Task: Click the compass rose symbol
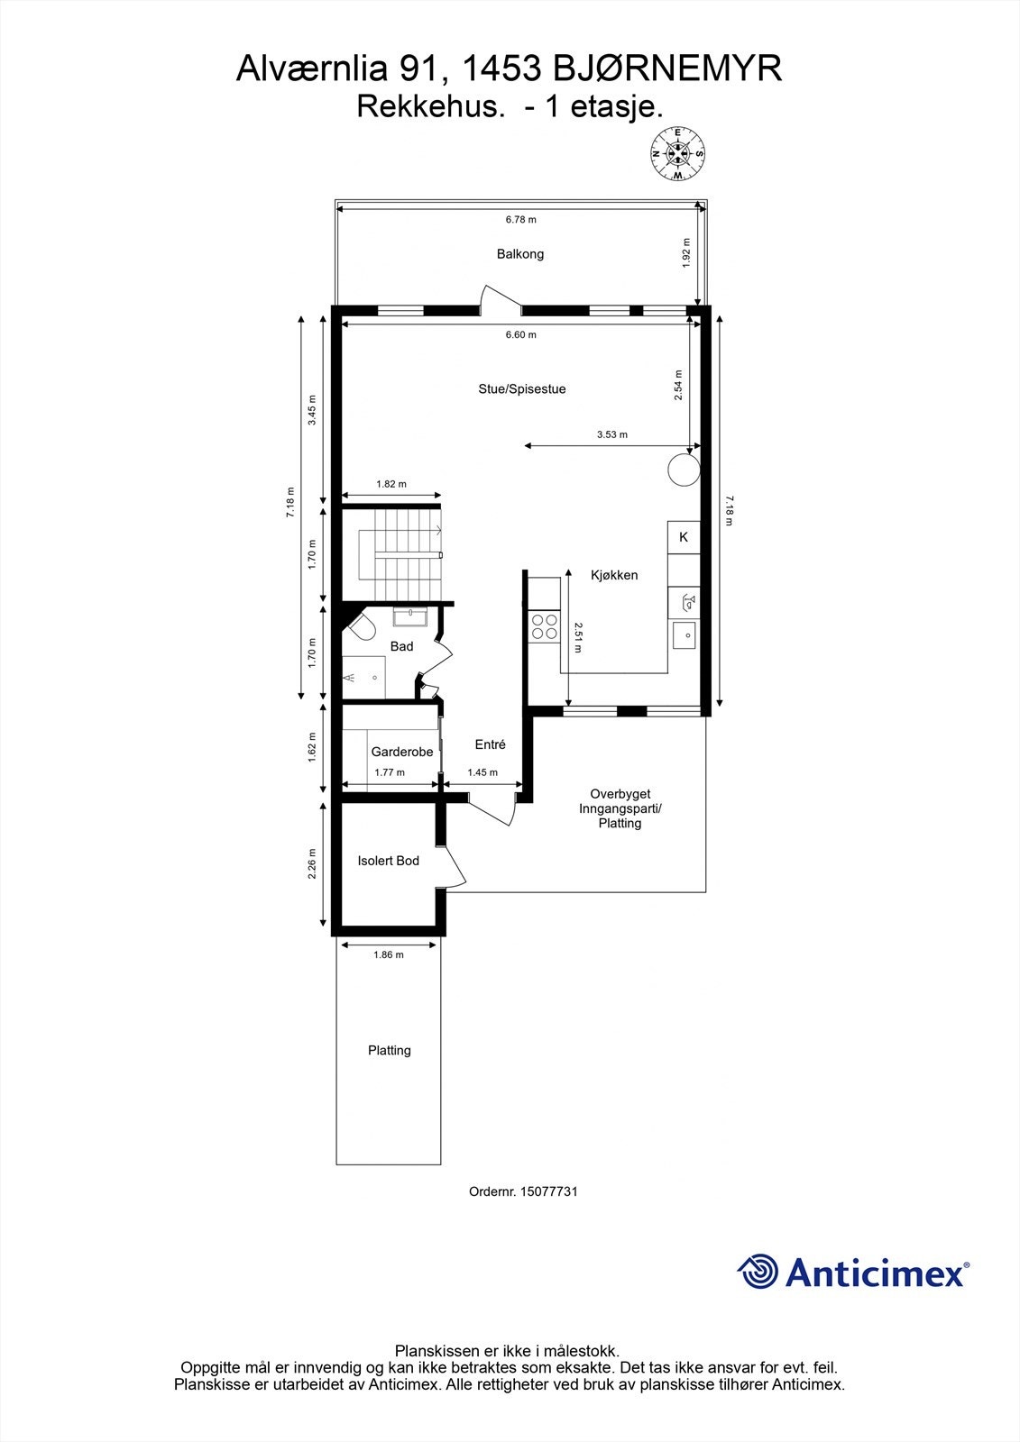point(678,154)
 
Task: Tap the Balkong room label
point(520,254)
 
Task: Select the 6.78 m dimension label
point(520,219)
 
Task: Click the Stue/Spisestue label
point(522,389)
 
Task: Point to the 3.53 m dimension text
point(612,434)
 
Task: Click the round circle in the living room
point(683,469)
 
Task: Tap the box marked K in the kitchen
point(684,537)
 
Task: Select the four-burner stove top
point(544,626)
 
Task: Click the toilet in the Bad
point(360,627)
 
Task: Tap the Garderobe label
point(402,752)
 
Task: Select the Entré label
point(491,744)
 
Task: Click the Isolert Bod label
point(389,861)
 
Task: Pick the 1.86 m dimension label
point(389,954)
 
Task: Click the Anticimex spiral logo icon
point(758,1272)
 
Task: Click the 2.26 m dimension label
point(312,864)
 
